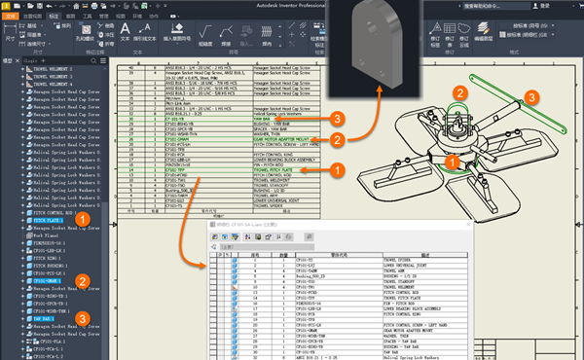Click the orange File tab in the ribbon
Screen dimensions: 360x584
point(12,17)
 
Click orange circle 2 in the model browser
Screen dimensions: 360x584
point(84,282)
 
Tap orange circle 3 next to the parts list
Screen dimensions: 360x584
point(335,119)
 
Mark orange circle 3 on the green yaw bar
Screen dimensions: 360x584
point(531,96)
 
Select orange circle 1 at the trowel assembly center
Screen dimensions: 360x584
point(453,160)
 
